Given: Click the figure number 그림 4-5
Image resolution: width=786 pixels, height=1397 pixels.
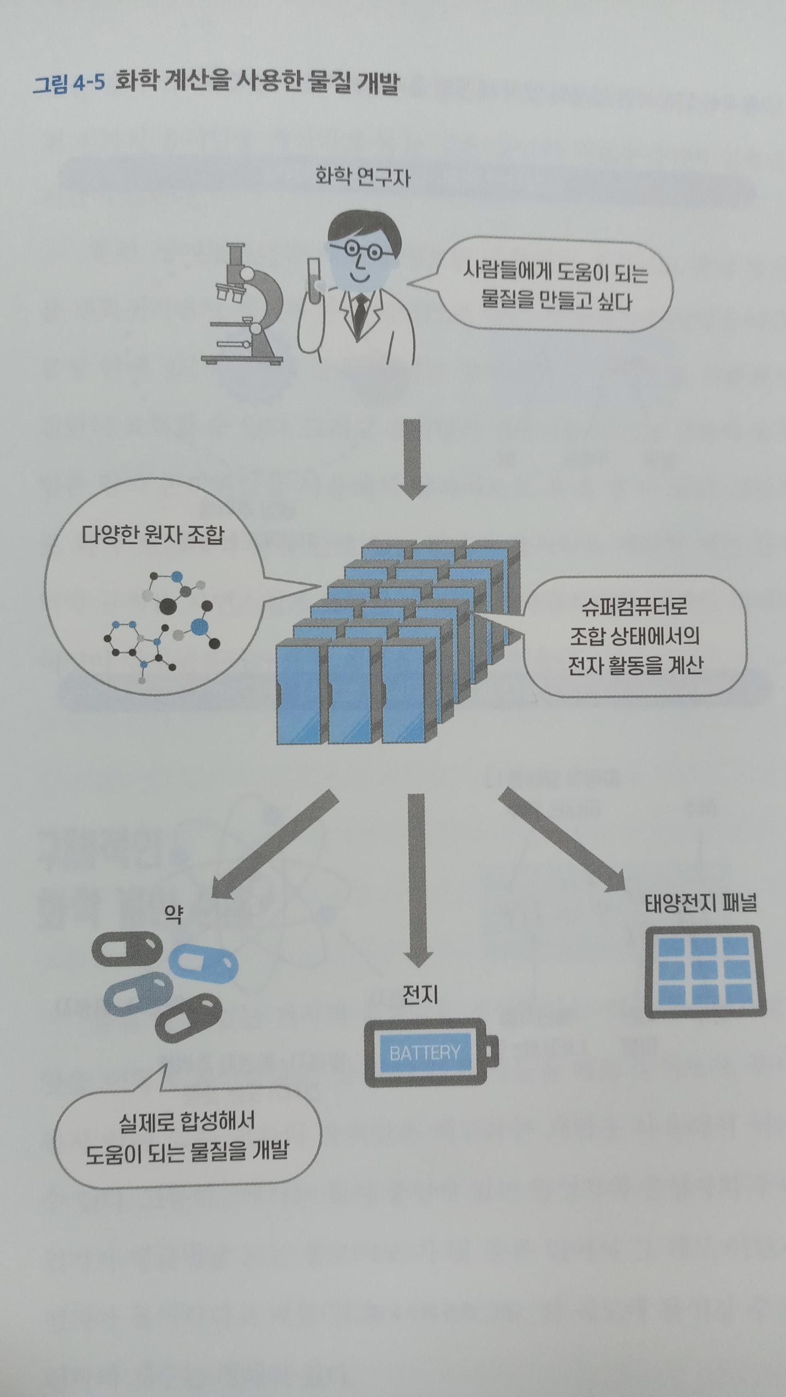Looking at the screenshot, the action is tap(68, 85).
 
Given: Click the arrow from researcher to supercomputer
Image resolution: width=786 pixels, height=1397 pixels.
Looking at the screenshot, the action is tap(413, 458).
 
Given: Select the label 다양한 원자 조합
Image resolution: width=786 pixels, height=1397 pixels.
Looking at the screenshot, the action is tap(153, 535).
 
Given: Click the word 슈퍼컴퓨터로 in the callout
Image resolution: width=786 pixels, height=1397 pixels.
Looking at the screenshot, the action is tap(634, 606).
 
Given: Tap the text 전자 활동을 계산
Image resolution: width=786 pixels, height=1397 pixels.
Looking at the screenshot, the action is tap(634, 666).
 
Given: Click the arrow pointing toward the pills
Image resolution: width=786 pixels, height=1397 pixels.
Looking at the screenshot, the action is tap(273, 846).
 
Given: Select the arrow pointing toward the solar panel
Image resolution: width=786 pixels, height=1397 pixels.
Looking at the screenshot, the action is tap(562, 840).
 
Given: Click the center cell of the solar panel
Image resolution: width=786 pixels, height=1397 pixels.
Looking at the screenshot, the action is tap(704, 971).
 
